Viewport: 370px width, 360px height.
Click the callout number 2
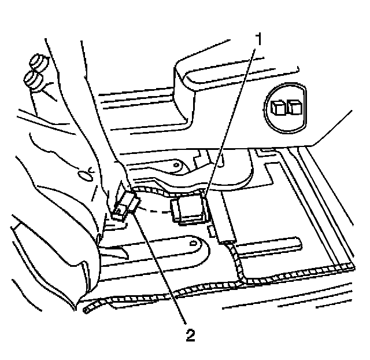(x=188, y=335)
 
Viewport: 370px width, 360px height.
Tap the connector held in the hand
(x=125, y=205)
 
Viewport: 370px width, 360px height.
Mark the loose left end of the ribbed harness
(x=87, y=310)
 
